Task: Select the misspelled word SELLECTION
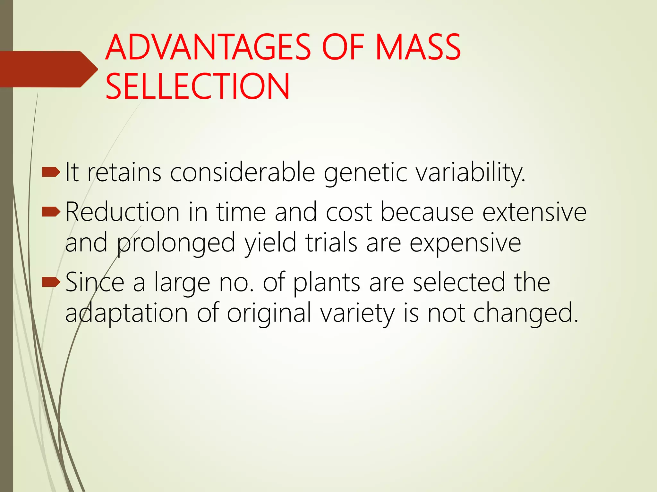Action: click(x=198, y=86)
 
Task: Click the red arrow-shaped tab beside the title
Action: click(x=48, y=69)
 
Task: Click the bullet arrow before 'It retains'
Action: click(x=51, y=173)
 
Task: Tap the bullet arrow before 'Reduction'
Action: click(x=51, y=211)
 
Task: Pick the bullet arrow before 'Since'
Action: click(x=51, y=282)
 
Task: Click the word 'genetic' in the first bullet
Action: click(x=365, y=173)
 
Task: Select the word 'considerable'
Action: click(x=243, y=173)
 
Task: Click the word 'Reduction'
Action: click(x=122, y=212)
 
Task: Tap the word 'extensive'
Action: click(x=534, y=212)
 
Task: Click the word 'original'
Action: click(x=269, y=313)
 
